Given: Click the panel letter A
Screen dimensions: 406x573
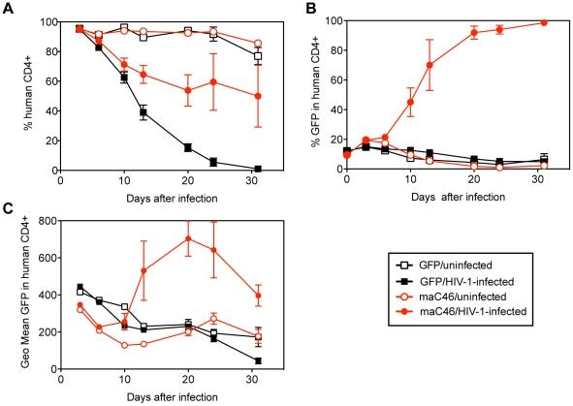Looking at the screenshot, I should tap(7, 8).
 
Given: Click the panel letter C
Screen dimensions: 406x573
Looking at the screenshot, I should tap(7, 210).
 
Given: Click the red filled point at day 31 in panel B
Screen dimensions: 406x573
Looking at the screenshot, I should tap(543, 22).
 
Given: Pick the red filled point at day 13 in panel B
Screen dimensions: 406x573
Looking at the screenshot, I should tap(429, 65).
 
